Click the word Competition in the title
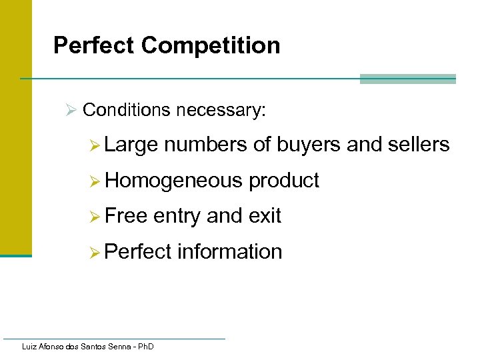(211, 45)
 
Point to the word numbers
(207, 145)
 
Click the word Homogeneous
(174, 181)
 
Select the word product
(284, 181)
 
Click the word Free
(127, 216)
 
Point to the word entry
(177, 216)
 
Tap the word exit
(265, 216)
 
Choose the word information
(230, 252)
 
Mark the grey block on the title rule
(407, 79)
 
